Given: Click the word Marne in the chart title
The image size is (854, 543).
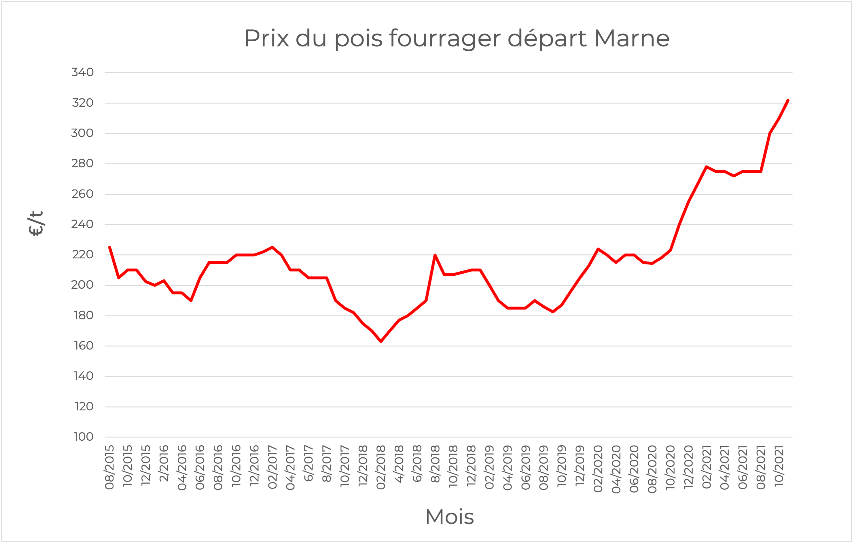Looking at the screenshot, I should click(x=632, y=38).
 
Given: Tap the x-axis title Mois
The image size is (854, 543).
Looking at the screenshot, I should click(x=449, y=517).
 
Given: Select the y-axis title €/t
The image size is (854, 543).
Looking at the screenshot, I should click(x=35, y=223).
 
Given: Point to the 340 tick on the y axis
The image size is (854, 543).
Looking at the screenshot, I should click(x=82, y=72).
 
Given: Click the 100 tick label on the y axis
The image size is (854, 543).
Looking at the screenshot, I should click(x=83, y=437).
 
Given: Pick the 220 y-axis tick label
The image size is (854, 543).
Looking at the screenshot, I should click(x=83, y=255).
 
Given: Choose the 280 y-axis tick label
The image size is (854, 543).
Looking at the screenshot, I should click(x=82, y=164).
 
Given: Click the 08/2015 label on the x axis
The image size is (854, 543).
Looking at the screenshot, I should click(x=109, y=467).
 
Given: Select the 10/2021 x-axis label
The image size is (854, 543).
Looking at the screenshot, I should click(x=779, y=466).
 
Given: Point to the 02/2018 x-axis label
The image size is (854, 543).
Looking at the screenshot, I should click(x=381, y=467).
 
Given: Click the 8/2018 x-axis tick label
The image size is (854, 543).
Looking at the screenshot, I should click(x=435, y=464).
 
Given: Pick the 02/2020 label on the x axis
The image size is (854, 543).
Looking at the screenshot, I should click(x=598, y=469).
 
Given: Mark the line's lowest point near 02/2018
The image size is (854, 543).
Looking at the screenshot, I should click(x=381, y=341).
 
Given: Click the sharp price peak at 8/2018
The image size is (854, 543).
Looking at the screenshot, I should click(x=435, y=255).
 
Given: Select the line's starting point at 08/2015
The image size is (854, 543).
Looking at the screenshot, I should click(x=109, y=247).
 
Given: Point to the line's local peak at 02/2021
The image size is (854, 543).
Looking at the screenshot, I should click(x=707, y=167).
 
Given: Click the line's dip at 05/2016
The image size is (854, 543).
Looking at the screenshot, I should click(x=191, y=300).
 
